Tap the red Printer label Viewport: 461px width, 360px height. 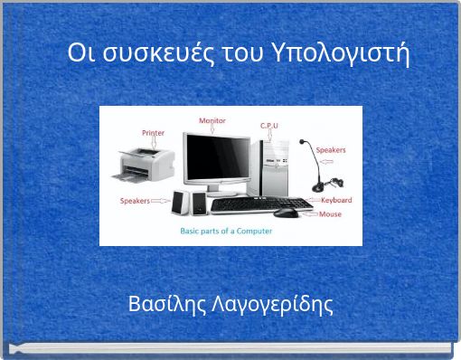tap(127, 132)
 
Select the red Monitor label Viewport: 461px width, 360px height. tap(212, 120)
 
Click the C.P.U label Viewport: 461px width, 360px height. tap(269, 125)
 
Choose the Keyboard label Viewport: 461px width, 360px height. tap(336, 200)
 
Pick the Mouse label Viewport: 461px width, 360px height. tap(331, 214)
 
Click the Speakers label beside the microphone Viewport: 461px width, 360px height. tap(331, 149)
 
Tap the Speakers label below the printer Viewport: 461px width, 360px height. tap(136, 200)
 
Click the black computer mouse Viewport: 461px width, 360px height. tap(285, 213)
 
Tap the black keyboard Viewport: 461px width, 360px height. tap(260, 204)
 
